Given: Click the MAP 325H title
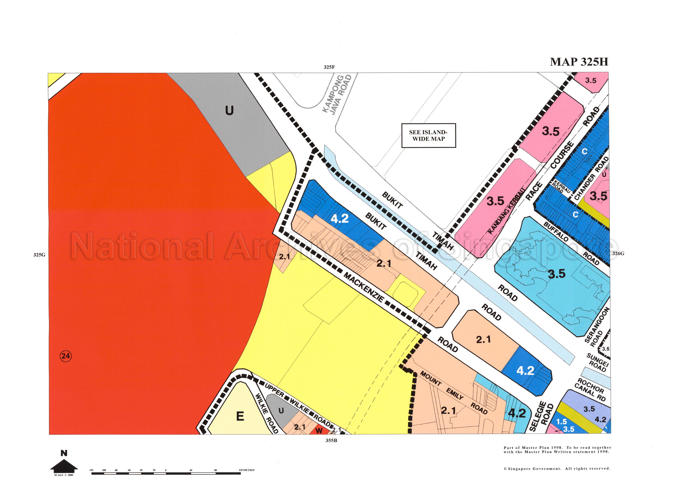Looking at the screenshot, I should click(x=579, y=62).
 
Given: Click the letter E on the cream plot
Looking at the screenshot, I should click(x=240, y=416).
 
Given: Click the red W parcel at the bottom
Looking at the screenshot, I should click(x=319, y=431).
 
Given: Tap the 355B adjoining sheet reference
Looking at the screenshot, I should click(x=331, y=441).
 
